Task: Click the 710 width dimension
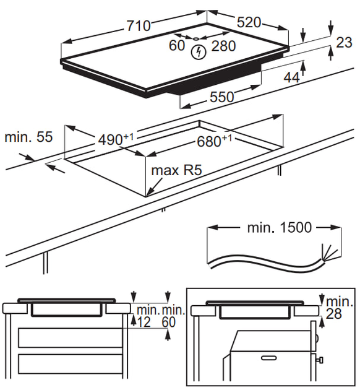click(x=139, y=25)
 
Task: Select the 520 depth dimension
click(x=249, y=22)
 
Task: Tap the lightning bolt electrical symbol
click(x=199, y=52)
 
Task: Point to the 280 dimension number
click(x=223, y=46)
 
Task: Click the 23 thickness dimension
click(x=344, y=42)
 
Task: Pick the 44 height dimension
click(x=292, y=77)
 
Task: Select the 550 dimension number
click(x=222, y=97)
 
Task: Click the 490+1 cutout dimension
click(x=116, y=139)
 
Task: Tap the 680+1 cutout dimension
click(x=215, y=141)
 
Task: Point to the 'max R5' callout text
click(x=176, y=170)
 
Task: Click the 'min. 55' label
click(x=29, y=137)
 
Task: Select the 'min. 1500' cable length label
click(x=279, y=227)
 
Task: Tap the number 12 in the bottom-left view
click(x=144, y=322)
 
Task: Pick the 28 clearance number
click(x=333, y=314)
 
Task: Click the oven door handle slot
click(x=269, y=358)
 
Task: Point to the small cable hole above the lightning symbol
click(x=195, y=39)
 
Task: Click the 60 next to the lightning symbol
click(x=177, y=46)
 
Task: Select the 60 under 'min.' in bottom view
click(x=169, y=322)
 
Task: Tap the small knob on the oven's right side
click(x=320, y=360)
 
